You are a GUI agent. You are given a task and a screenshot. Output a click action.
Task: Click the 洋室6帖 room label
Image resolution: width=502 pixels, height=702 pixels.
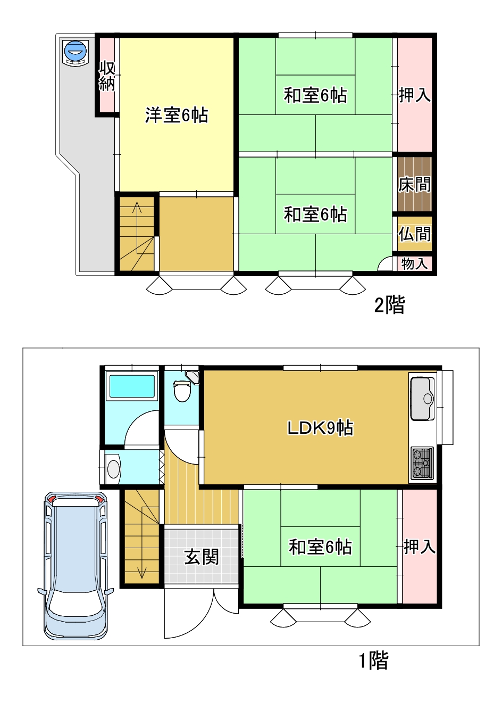pyautogui.click(x=177, y=115)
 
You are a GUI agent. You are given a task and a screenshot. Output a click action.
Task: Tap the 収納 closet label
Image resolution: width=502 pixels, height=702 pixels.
pyautogui.click(x=107, y=77)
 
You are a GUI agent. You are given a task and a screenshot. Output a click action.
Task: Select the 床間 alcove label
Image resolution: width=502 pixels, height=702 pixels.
pyautogui.click(x=415, y=185)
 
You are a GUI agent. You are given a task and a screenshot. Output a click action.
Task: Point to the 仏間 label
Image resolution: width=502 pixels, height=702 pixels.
pyautogui.click(x=415, y=234)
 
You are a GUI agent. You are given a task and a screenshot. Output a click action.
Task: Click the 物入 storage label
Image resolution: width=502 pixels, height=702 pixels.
pyautogui.click(x=414, y=263)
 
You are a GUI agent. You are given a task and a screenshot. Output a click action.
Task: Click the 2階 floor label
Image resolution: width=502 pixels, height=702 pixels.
pyautogui.click(x=390, y=304)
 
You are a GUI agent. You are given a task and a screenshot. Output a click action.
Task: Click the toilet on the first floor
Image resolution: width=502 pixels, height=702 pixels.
pyautogui.click(x=182, y=391)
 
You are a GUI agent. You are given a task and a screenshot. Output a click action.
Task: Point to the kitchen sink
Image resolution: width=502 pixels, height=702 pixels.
pyautogui.click(x=422, y=399)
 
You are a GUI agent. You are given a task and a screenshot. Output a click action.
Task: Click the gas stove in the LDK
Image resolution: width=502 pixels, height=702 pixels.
pyautogui.click(x=422, y=464)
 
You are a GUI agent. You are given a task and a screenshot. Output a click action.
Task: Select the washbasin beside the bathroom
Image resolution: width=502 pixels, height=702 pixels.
pyautogui.click(x=113, y=468)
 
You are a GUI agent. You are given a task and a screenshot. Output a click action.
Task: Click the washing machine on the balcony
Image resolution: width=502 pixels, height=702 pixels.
pyautogui.click(x=75, y=53)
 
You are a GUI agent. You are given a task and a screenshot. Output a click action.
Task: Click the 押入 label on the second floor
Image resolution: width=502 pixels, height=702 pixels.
pyautogui.click(x=415, y=95)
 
